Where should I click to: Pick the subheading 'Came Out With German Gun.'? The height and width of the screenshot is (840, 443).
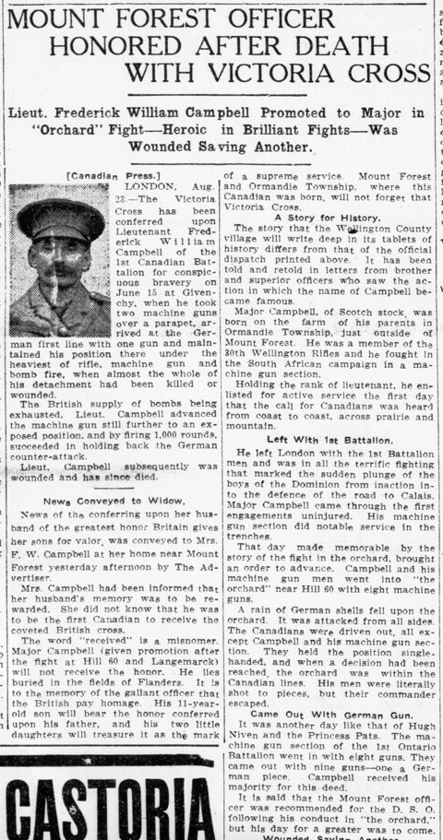326,713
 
